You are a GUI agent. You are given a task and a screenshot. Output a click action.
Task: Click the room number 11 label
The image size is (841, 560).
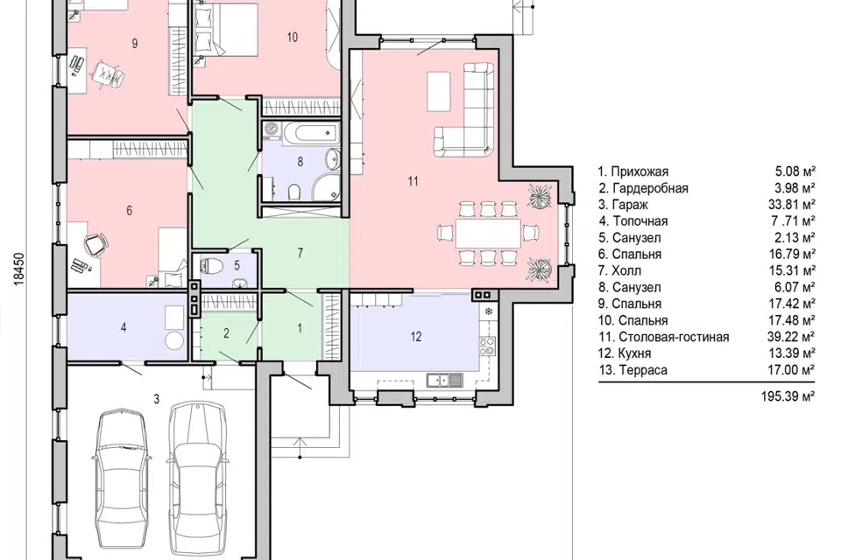[413, 181]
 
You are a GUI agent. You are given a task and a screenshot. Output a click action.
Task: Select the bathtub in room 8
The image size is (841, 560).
[311, 132]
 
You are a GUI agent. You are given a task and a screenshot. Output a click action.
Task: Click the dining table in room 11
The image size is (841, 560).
[488, 233]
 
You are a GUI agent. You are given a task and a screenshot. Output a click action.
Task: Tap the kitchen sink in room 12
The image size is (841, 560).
[443, 381]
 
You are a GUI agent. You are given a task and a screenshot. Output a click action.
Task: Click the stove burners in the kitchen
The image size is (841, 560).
[487, 346]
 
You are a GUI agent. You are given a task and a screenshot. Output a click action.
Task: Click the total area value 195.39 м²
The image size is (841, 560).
[788, 396]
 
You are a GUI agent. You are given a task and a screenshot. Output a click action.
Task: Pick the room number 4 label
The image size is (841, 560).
[124, 327]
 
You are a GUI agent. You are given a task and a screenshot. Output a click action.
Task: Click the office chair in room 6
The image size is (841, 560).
[95, 244]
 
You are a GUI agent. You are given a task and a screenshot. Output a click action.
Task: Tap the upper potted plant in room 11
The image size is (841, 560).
[538, 195]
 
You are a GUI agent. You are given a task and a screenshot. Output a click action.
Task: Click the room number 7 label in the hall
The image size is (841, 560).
[300, 252]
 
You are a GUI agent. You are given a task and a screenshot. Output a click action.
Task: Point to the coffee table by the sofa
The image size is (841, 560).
[438, 92]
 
